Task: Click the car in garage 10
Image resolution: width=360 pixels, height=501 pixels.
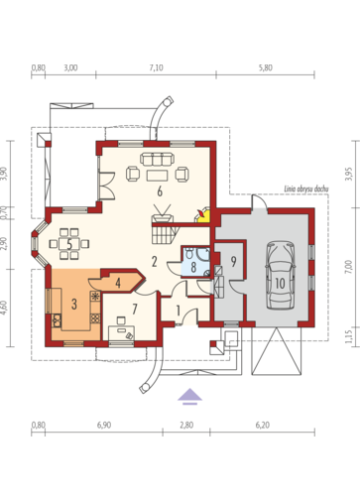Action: click(x=280, y=275)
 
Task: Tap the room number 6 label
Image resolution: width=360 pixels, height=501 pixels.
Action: click(x=160, y=191)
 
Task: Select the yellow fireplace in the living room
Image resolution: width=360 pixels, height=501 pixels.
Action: click(x=203, y=215)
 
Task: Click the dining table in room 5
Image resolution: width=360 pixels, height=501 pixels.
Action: click(x=69, y=244)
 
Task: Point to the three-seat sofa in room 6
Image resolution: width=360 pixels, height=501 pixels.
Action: click(x=157, y=159)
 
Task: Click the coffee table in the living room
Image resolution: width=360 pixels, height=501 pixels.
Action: click(x=157, y=175)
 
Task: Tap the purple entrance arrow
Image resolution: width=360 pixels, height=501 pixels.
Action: click(x=189, y=396)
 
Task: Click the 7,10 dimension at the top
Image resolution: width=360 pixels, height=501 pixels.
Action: click(x=156, y=67)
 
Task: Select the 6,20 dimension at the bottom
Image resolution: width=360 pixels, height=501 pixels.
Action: click(x=263, y=425)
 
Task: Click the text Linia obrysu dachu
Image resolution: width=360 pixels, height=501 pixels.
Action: click(x=306, y=189)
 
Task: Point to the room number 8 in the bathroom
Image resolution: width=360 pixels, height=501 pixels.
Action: click(x=193, y=267)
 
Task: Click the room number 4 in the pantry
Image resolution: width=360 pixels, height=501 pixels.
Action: click(x=118, y=283)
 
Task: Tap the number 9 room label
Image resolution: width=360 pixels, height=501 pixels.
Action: click(x=233, y=262)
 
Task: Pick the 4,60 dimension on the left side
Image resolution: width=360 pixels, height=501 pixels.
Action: click(x=4, y=307)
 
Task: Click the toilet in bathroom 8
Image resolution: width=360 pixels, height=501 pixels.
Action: click(x=189, y=253)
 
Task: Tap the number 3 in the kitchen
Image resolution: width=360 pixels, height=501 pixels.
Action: click(x=74, y=304)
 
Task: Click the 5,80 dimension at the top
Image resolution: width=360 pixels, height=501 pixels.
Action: click(x=266, y=67)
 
